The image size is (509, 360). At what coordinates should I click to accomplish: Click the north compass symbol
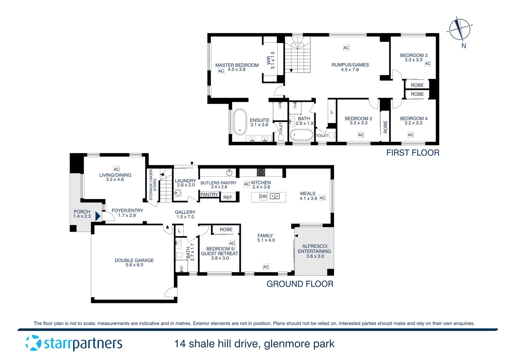click(460, 29)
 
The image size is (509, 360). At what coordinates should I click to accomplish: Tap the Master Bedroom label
click(237, 65)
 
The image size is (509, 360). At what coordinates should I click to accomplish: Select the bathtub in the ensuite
click(239, 122)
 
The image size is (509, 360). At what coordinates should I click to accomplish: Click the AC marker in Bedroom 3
click(428, 63)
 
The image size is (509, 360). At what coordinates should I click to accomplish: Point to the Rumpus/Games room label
click(350, 65)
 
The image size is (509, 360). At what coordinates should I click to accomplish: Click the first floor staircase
click(297, 55)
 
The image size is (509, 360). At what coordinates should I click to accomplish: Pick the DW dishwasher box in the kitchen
click(263, 196)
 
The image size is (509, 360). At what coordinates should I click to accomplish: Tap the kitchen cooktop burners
click(261, 172)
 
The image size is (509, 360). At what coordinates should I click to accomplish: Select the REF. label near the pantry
click(228, 197)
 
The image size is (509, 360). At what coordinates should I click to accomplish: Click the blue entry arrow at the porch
click(98, 216)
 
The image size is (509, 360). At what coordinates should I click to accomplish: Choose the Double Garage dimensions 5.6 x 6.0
click(134, 265)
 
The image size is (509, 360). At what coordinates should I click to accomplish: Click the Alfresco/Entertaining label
click(314, 249)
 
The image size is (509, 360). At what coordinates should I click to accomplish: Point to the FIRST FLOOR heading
click(413, 153)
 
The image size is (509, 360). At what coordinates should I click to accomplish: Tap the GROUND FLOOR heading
click(300, 284)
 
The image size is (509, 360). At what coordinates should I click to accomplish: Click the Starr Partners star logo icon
click(33, 343)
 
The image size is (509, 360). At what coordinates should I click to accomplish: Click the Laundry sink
click(178, 193)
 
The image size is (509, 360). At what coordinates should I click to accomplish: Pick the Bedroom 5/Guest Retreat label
click(220, 251)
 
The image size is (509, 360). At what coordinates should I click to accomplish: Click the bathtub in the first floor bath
click(301, 135)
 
